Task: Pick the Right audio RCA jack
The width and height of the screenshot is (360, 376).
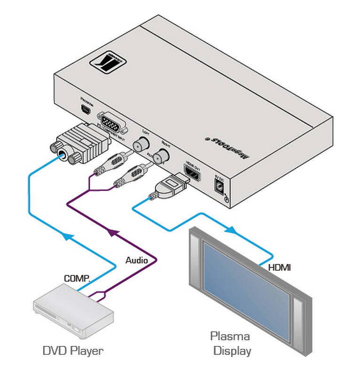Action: [164, 156]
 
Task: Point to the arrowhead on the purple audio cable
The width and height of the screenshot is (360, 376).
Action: [111, 232]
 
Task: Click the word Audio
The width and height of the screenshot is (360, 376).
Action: [136, 260]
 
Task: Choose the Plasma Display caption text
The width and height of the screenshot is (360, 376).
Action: [230, 344]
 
